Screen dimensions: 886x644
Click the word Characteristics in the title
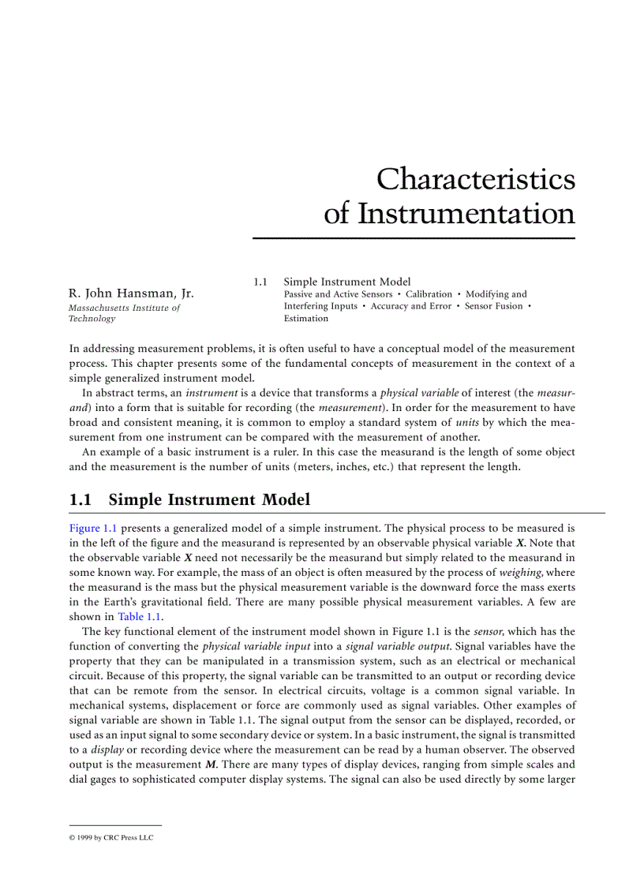click(475, 179)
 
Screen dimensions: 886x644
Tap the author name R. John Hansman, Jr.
click(131, 294)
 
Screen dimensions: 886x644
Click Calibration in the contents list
click(429, 294)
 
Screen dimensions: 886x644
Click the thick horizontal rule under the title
click(414, 237)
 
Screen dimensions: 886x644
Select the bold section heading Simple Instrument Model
click(209, 500)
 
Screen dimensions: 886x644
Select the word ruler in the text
click(290, 453)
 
